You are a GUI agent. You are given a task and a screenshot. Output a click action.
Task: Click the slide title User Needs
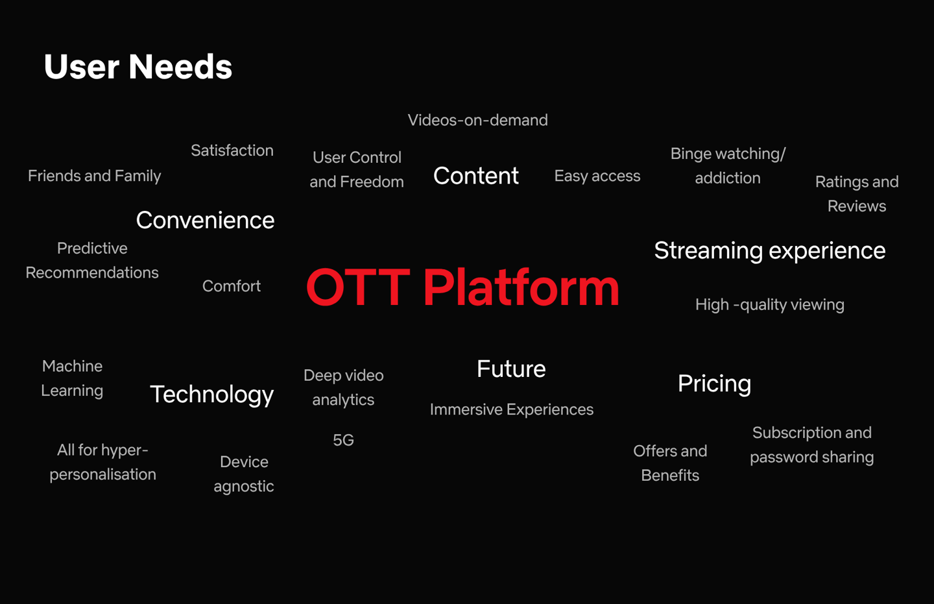click(x=138, y=67)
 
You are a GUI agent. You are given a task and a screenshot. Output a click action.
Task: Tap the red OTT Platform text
click(x=462, y=287)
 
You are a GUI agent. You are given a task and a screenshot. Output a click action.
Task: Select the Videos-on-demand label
click(x=478, y=120)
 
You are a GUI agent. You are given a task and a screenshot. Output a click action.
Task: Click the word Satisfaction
click(x=232, y=150)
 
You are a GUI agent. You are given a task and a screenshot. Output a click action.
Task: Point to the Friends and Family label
click(x=94, y=176)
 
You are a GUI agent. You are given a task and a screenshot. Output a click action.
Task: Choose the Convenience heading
click(x=205, y=220)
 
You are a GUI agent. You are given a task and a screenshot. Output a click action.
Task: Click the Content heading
click(x=476, y=176)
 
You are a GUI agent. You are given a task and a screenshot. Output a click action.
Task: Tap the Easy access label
click(x=597, y=176)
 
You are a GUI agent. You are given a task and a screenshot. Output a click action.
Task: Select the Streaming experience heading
click(x=770, y=250)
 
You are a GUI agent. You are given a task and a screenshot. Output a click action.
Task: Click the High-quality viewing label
click(x=770, y=305)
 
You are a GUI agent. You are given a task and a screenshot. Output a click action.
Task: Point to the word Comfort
click(x=232, y=286)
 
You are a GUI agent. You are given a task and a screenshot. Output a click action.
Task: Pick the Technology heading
click(x=212, y=394)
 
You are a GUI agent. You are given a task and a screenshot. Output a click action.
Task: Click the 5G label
click(x=343, y=440)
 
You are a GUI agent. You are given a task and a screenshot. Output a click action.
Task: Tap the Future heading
click(x=511, y=368)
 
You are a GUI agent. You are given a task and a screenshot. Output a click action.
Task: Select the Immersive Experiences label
click(x=512, y=409)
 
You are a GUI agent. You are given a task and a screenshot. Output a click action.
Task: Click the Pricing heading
click(x=714, y=384)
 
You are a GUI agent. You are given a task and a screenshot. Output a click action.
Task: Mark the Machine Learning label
click(x=72, y=378)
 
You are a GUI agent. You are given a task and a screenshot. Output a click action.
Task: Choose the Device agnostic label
click(x=244, y=474)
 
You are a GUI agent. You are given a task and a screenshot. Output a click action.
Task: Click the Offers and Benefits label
click(x=670, y=463)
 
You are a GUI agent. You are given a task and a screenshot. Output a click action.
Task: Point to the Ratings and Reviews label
click(x=857, y=194)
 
